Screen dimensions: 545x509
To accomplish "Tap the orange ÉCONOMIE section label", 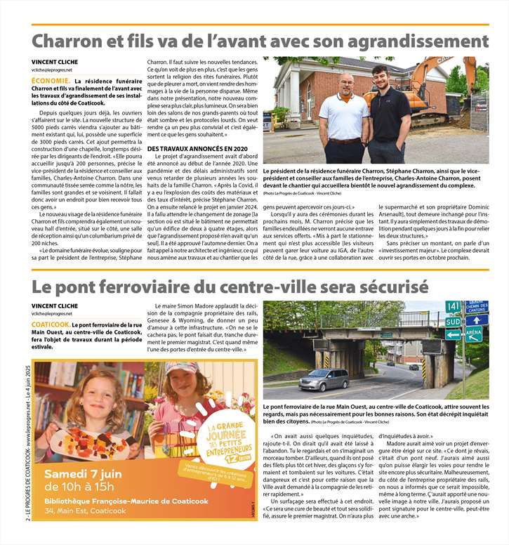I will click(49, 81).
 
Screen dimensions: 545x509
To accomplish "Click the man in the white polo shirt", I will click(343, 119).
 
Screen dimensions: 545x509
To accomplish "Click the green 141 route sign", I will click(454, 306).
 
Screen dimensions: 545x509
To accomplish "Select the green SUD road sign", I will click(454, 321).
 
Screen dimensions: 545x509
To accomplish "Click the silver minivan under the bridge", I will click(323, 379).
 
